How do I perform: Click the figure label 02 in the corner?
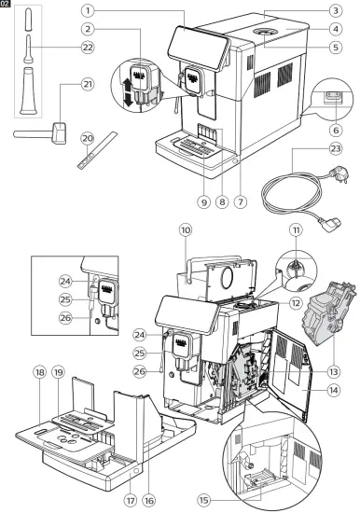click(7, 5)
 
